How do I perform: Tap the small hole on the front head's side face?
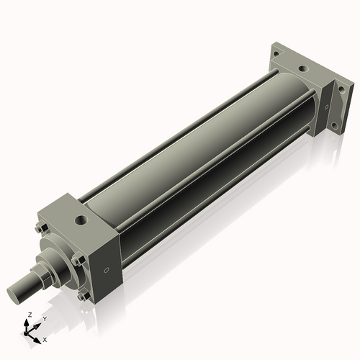107,271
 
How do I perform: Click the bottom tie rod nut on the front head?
85,294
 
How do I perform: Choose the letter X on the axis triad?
45,338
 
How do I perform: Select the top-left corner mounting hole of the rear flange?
277,52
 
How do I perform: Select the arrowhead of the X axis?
38,336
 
